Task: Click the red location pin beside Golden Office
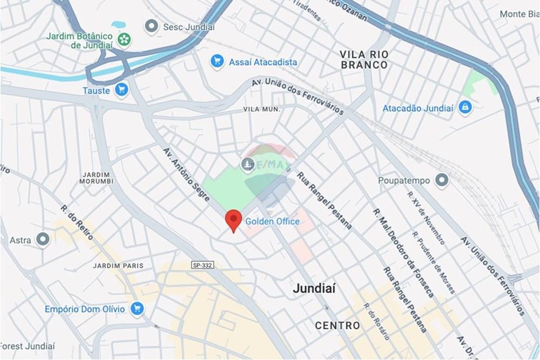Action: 233,219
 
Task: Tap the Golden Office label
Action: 272,221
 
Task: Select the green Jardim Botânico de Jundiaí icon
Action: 124,39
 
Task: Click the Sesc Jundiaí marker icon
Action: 152,26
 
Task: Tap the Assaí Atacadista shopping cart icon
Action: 217,62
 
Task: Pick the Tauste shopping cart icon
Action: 122,90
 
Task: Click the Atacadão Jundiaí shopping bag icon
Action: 464,108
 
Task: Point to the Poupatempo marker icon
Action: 442,180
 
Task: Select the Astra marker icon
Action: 43,239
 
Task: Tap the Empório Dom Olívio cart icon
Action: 137,309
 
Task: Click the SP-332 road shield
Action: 201,266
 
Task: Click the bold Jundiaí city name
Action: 314,289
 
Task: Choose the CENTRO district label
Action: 337,325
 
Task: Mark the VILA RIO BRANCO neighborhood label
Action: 364,59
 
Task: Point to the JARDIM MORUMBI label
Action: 97,178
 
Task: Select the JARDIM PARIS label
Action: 118,266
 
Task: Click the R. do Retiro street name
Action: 77,222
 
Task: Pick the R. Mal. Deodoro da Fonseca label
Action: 403,252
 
